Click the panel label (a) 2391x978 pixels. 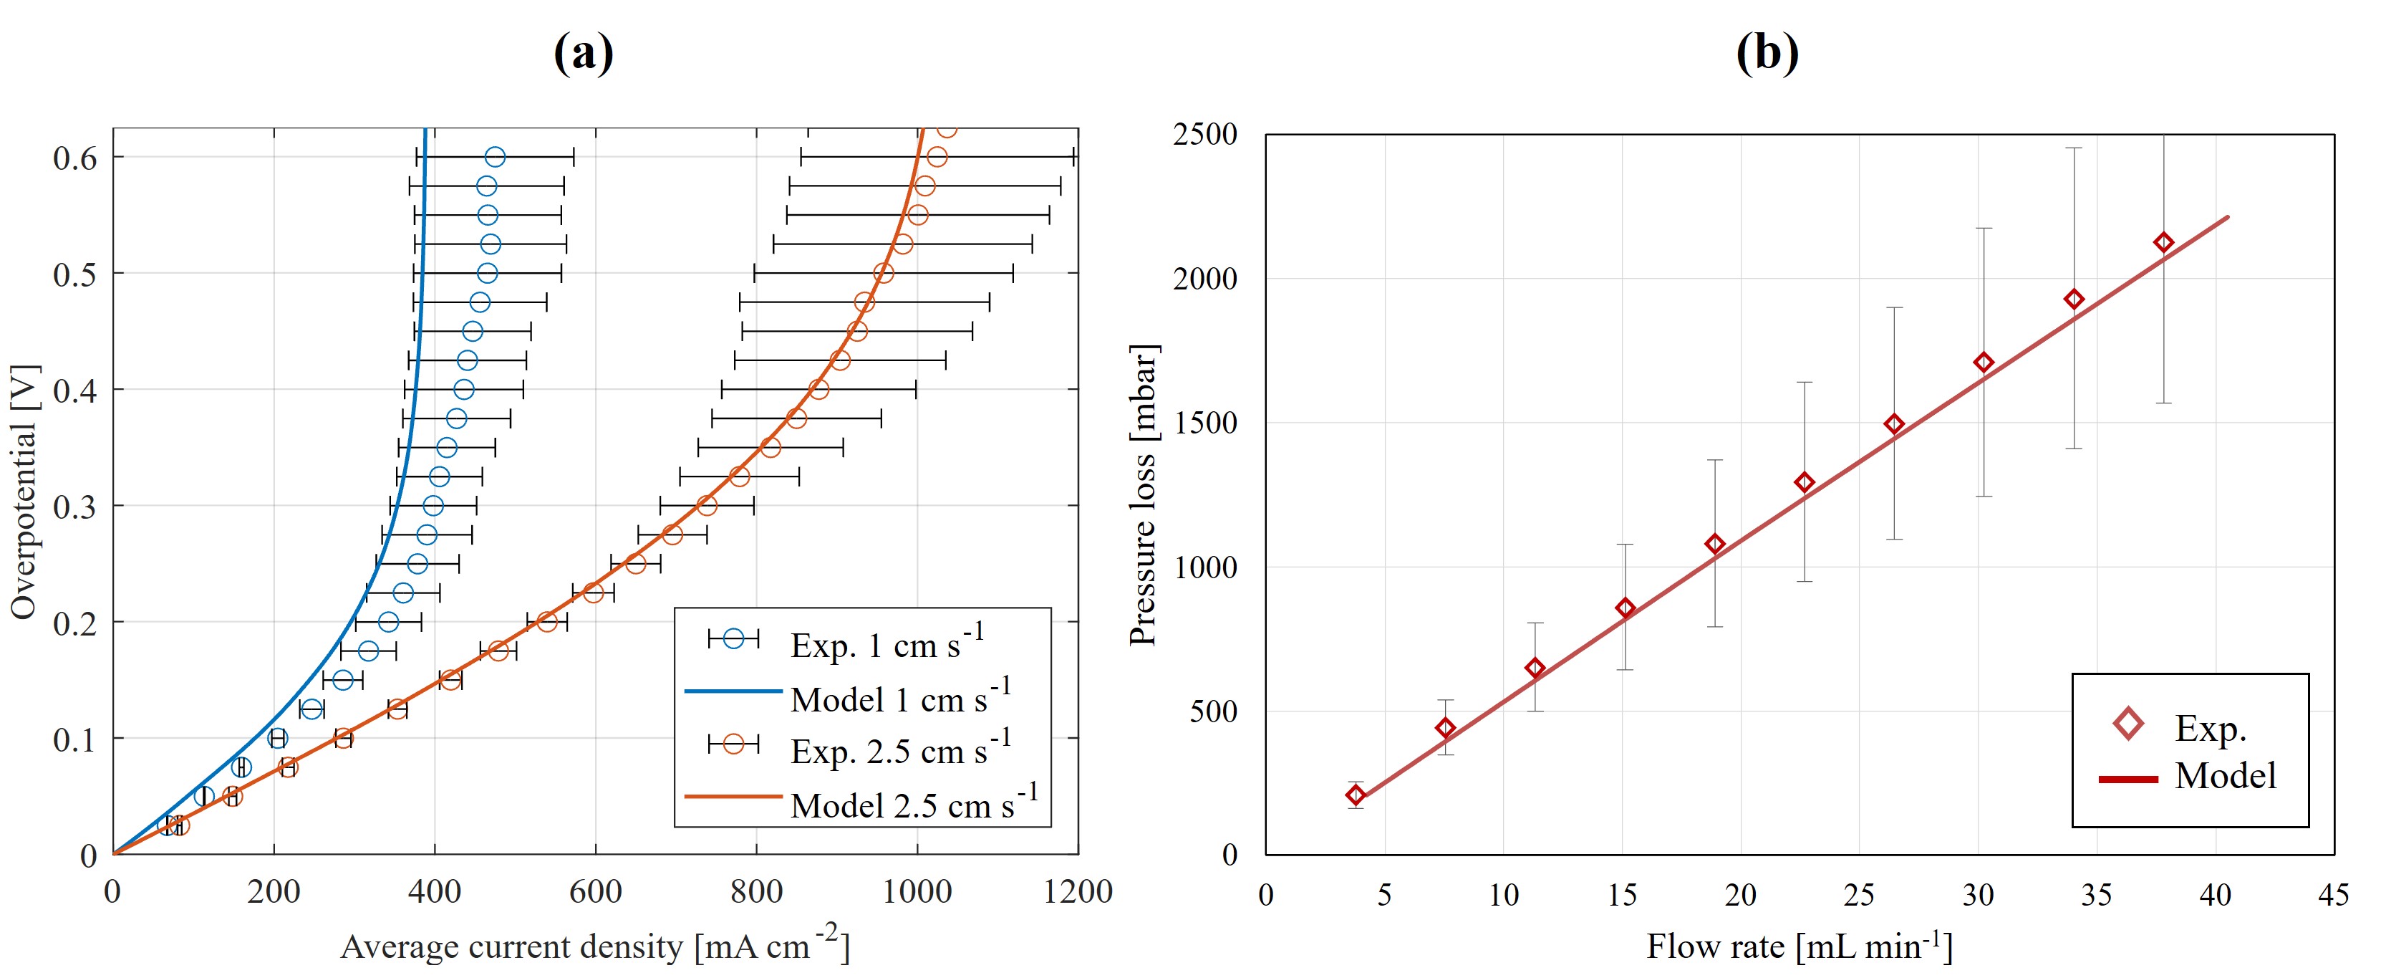tap(583, 53)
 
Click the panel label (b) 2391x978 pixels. tap(1767, 53)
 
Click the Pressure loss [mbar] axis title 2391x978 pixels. tap(1143, 495)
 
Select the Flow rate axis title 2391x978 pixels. tap(1799, 946)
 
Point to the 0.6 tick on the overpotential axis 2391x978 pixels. tap(75, 158)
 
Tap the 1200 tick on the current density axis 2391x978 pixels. tap(1078, 891)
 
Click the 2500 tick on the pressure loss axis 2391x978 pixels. tap(1204, 135)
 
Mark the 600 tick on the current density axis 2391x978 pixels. tap(595, 891)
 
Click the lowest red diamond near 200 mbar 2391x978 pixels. tap(1355, 795)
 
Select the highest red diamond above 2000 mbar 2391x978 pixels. tap(2163, 242)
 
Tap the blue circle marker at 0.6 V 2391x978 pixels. tap(495, 157)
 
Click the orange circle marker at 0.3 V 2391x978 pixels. tap(706, 505)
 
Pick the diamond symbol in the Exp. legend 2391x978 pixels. tap(2127, 724)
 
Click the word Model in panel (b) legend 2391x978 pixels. tap(2225, 775)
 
